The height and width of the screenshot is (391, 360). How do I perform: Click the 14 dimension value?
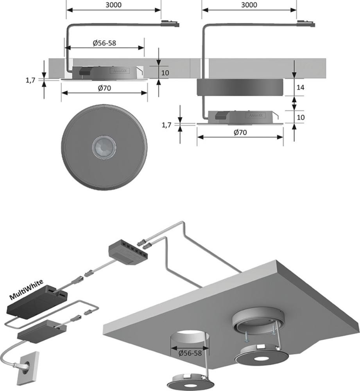click(301, 88)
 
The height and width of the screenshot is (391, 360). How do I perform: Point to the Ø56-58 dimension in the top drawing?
click(104, 43)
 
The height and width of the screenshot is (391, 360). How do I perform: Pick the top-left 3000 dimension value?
click(113, 5)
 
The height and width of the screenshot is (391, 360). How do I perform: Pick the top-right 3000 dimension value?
click(249, 5)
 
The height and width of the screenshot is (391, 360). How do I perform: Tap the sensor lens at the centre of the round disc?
click(104, 147)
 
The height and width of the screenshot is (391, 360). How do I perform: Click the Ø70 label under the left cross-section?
click(104, 88)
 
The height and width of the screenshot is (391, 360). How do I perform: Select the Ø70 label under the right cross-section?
click(240, 133)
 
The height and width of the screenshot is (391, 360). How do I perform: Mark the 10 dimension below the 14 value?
click(301, 117)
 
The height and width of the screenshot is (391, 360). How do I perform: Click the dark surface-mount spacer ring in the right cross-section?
click(240, 87)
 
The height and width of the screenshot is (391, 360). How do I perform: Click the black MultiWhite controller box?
click(38, 300)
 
